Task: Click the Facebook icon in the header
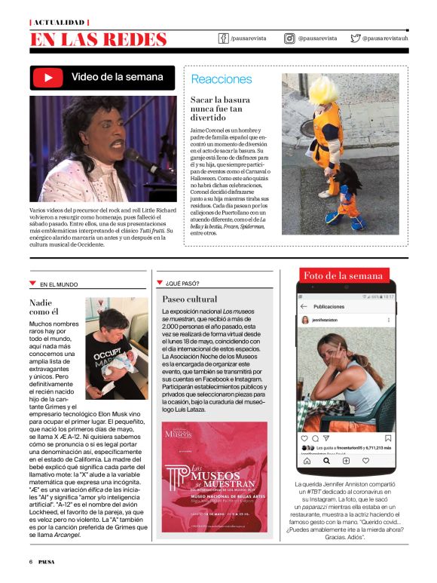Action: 224,38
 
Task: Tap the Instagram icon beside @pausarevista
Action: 289,38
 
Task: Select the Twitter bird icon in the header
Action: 355,38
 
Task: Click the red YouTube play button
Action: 49,77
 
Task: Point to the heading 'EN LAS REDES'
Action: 98,39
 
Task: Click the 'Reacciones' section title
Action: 222,79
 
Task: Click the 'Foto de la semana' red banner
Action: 343,276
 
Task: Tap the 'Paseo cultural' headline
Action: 190,299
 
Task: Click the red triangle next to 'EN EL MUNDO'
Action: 32,284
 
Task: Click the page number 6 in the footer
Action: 31,562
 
